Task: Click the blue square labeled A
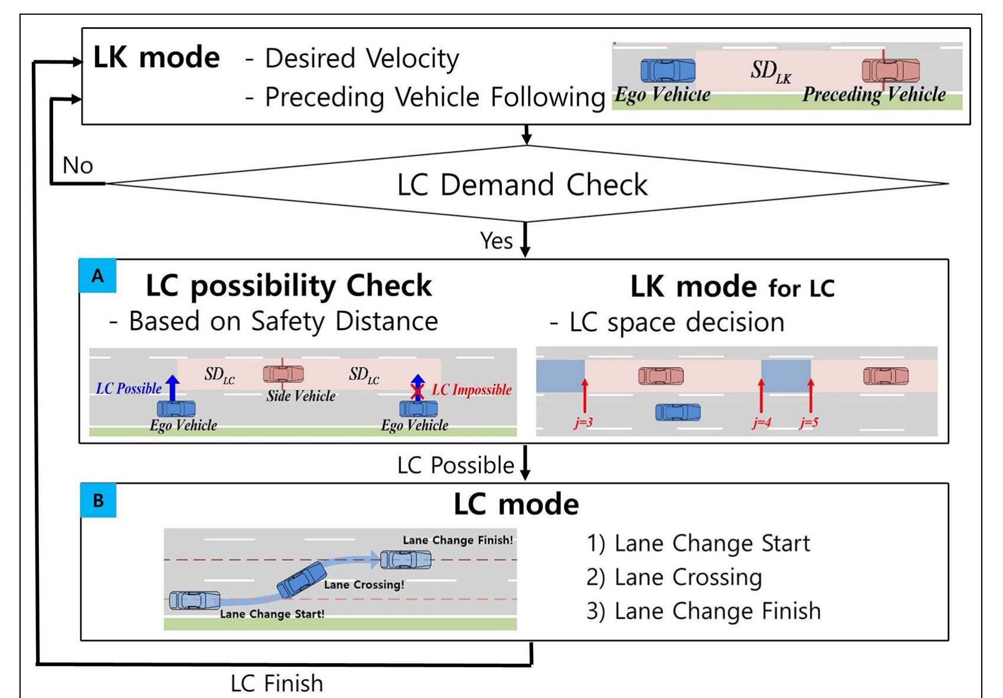(x=98, y=276)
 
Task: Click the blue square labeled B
(x=98, y=500)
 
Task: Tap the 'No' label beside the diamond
(x=78, y=165)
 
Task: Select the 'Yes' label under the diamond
(x=496, y=241)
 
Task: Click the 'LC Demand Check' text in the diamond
(x=522, y=185)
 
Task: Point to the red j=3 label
(x=583, y=422)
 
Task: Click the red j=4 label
(x=761, y=422)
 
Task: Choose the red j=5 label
(x=809, y=422)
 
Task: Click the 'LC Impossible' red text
(x=472, y=390)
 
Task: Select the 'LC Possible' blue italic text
(x=129, y=388)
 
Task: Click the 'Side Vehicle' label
(x=301, y=395)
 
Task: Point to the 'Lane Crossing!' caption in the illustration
(x=364, y=585)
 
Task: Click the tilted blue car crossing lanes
(x=301, y=580)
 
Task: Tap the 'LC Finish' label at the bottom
(x=277, y=683)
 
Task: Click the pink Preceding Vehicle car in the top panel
(x=890, y=70)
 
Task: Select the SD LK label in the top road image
(x=771, y=71)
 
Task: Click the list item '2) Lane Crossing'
(x=674, y=577)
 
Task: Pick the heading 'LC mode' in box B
(x=517, y=504)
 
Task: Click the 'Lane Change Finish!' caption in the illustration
(x=458, y=540)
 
